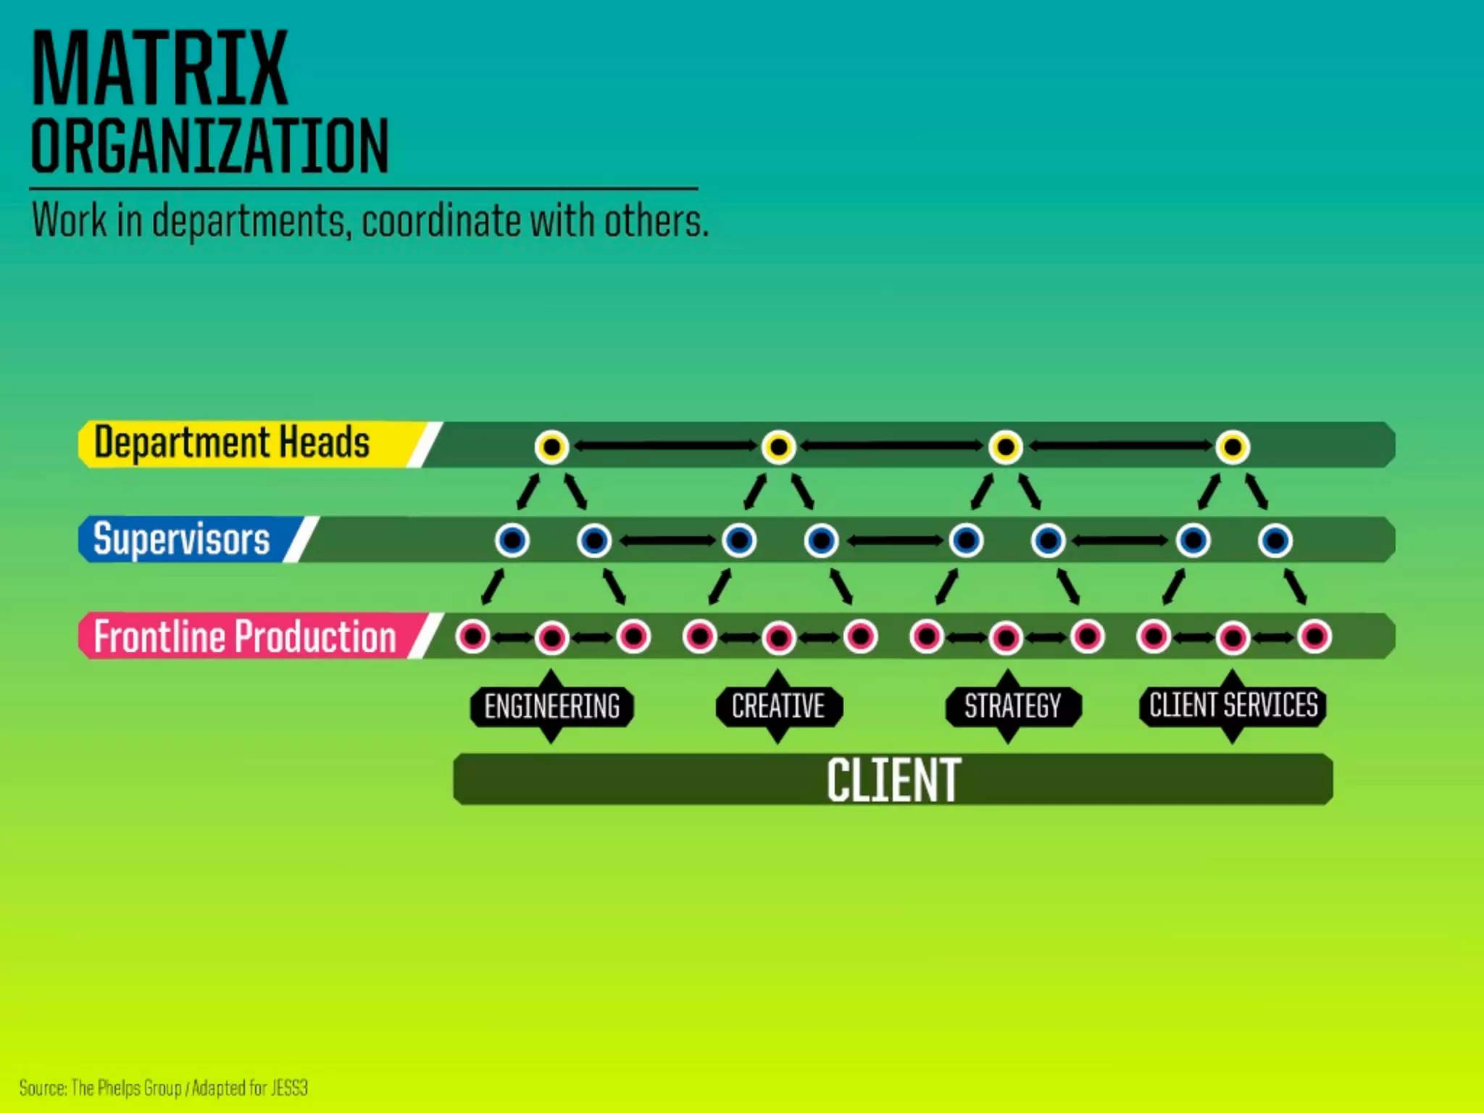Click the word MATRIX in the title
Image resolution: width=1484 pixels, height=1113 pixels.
pos(160,69)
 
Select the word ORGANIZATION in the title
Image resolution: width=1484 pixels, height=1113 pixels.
pos(210,146)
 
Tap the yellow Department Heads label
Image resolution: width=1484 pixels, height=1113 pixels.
pos(232,443)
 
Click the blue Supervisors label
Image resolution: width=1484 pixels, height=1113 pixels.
pos(182,539)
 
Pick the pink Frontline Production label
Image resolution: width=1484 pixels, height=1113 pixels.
pos(245,637)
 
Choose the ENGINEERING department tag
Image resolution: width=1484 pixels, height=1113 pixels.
pos(551,706)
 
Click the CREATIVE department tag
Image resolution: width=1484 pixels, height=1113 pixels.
pos(778,706)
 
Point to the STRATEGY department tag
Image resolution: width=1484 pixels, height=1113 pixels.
pos(1012,706)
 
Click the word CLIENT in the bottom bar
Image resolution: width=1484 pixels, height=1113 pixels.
pos(893,780)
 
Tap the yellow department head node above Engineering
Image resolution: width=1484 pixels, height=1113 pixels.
pos(551,446)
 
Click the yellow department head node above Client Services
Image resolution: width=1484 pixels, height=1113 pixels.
pos(1233,446)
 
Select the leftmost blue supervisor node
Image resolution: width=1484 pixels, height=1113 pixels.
pos(512,541)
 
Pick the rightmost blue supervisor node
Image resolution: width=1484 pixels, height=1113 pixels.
pos(1275,541)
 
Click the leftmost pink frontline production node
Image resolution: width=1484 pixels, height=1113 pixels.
pos(472,637)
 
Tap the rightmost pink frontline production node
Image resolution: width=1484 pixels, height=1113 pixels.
pos(1314,637)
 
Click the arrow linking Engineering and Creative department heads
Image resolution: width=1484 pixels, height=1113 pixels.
pos(665,446)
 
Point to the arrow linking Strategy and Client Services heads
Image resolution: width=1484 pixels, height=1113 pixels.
pos(1119,446)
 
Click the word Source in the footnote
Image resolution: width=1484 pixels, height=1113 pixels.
pos(43,1088)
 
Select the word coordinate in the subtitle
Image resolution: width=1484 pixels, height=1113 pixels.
pos(443,220)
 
